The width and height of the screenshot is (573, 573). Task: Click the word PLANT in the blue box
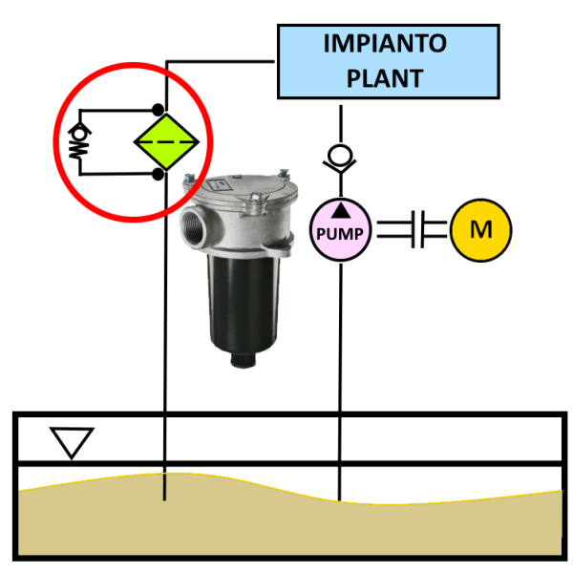coord(385,77)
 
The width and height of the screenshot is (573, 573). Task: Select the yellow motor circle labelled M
coord(481,229)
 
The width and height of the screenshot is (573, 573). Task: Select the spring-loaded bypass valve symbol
coord(77,140)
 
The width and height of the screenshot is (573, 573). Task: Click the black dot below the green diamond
coord(158,174)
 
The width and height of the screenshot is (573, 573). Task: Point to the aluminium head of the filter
coord(244,205)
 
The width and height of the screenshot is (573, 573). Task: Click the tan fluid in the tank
coord(286,525)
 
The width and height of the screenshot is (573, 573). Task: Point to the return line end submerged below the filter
coord(165,495)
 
